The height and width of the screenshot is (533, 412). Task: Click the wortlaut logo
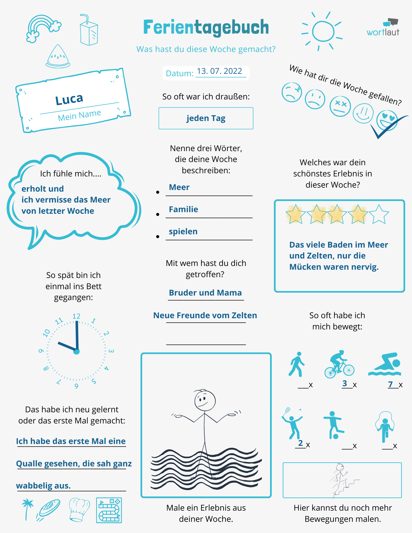pyautogui.click(x=383, y=28)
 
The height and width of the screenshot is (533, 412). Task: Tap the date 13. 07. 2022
pyautogui.click(x=219, y=71)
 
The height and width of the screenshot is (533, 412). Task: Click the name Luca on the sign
pyautogui.click(x=69, y=99)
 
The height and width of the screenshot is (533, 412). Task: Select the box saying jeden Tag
pyautogui.click(x=206, y=118)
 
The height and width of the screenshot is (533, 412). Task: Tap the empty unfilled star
pyautogui.click(x=379, y=214)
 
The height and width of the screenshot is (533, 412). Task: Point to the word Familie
pyautogui.click(x=183, y=209)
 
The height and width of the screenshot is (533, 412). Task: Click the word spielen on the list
pyautogui.click(x=183, y=232)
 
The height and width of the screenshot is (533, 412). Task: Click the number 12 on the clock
pyautogui.click(x=76, y=316)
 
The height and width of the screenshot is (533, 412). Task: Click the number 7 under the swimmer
pyautogui.click(x=390, y=384)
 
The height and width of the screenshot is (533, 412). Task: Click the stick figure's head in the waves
pyautogui.click(x=205, y=400)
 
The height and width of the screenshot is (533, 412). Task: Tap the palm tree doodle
pyautogui.click(x=27, y=508)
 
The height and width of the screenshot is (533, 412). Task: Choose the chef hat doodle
pyautogui.click(x=79, y=509)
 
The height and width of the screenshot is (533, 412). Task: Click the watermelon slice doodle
pyautogui.click(x=58, y=56)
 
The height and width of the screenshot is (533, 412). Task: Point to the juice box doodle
pyautogui.click(x=89, y=31)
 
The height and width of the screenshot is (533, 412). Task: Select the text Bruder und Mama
pyautogui.click(x=205, y=293)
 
